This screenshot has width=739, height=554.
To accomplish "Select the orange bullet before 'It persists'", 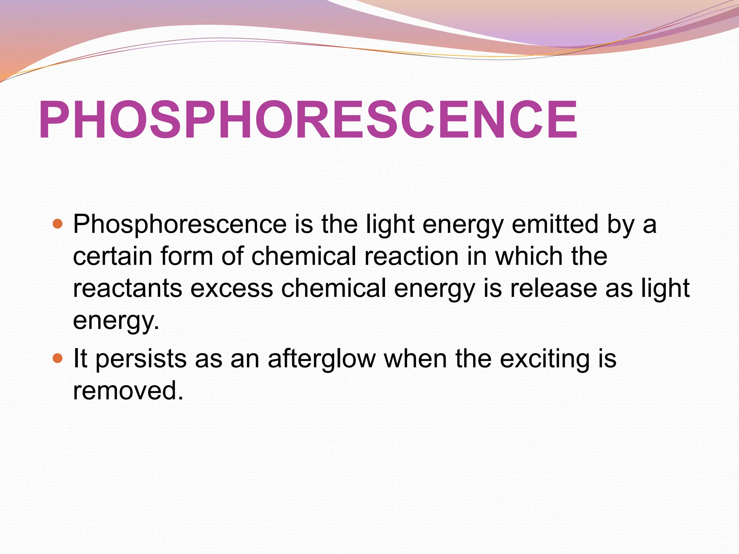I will pyautogui.click(x=57, y=359).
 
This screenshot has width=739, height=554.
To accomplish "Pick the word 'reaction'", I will pyautogui.click(x=411, y=256).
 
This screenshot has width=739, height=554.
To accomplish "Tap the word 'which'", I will pyautogui.click(x=529, y=256).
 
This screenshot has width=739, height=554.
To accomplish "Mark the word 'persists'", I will pyautogui.click(x=141, y=359).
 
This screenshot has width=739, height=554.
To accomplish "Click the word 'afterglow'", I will pyautogui.click(x=322, y=359).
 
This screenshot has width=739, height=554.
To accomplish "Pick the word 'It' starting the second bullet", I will pyautogui.click(x=80, y=359).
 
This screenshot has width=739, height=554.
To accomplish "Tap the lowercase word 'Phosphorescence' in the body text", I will pyautogui.click(x=180, y=224).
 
